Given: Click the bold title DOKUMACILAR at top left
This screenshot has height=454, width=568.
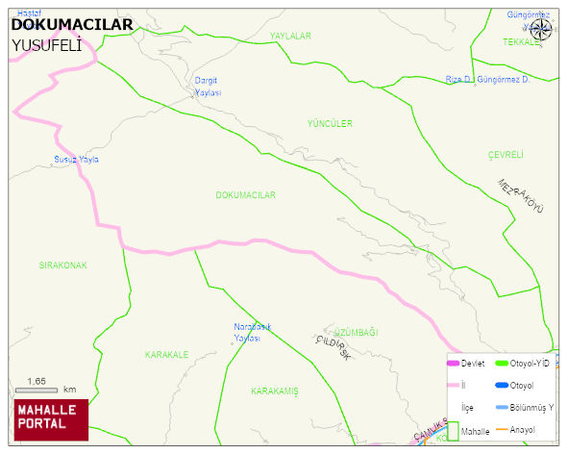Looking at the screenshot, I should pos(71,25).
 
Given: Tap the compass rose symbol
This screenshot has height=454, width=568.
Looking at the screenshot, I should pos(541,28).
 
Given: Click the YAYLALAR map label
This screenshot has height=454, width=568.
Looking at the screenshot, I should pos(290,36).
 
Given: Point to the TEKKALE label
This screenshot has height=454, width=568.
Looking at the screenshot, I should pos(522,42).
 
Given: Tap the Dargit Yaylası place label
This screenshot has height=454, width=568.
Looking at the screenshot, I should pos(209,87).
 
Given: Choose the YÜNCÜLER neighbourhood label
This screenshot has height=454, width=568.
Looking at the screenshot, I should pos(330,124).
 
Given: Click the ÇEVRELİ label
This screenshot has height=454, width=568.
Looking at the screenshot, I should pos(505,155).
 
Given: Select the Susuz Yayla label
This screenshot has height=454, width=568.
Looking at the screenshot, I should pos(76,160).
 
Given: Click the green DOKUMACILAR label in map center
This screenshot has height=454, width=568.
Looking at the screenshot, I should pos(246,195).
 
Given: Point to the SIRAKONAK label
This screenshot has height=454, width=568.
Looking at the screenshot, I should pos(62,265).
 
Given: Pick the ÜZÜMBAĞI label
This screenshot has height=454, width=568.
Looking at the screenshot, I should pos(357,333).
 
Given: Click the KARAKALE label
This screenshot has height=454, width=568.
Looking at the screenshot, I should pos(166,355).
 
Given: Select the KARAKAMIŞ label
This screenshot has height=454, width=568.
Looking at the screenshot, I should pos(275,391).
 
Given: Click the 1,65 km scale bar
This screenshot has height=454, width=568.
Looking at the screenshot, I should pos(38,390).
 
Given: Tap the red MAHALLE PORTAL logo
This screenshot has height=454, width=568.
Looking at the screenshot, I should pos(51,417).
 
